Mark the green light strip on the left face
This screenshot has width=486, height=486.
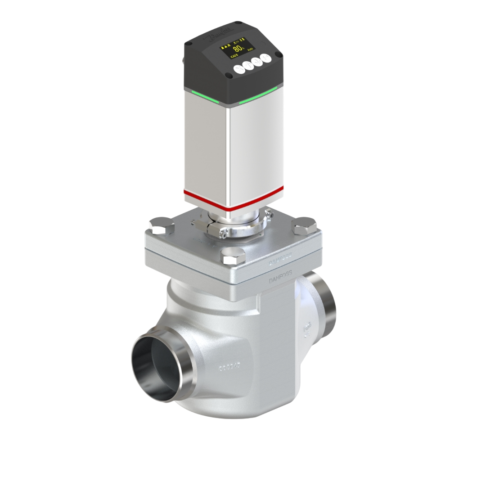[205, 97]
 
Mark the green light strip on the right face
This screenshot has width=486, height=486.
[258, 96]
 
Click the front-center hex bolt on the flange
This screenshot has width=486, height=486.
[234, 255]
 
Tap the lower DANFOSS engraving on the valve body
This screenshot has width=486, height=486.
[280, 277]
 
